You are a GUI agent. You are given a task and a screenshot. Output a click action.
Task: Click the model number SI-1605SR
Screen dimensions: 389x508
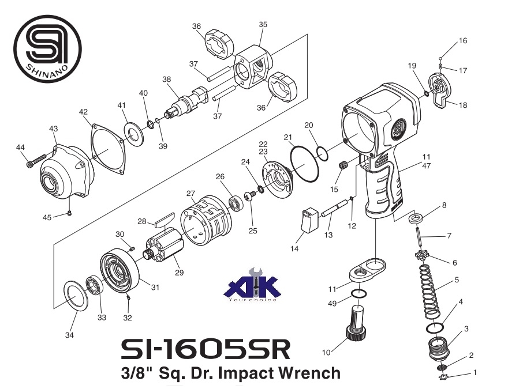coord(206,349)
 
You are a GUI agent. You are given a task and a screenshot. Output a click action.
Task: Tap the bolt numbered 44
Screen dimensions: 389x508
coord(35,161)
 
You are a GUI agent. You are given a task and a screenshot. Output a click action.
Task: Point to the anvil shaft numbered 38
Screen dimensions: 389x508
coord(186,101)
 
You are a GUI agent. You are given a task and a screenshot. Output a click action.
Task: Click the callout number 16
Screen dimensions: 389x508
coord(463,41)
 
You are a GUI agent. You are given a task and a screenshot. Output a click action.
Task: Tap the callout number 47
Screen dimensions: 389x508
coord(427,165)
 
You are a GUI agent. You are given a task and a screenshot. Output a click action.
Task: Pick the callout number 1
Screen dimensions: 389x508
coord(475,372)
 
